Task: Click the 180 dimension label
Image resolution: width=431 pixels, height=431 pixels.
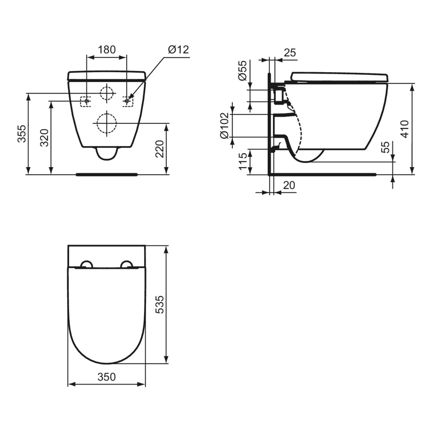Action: [x=106, y=50]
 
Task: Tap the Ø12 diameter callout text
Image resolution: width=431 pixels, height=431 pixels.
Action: [x=178, y=50]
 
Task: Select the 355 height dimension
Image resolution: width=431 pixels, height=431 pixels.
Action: [x=22, y=133]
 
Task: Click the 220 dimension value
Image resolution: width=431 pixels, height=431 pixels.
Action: [x=160, y=149]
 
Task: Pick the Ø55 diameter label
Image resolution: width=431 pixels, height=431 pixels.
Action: [x=242, y=70]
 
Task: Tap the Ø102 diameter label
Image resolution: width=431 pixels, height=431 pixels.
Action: [x=224, y=125]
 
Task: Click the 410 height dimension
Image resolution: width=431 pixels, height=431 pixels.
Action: [x=404, y=129]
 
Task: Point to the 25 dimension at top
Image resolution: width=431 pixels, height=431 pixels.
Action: [x=290, y=53]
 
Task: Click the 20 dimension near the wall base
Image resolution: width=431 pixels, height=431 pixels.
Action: [x=289, y=185]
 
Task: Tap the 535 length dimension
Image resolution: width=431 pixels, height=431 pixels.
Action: [x=160, y=304]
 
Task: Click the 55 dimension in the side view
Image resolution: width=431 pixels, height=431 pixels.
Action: [x=385, y=147]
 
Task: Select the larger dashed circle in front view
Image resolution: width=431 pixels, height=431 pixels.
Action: [x=106, y=123]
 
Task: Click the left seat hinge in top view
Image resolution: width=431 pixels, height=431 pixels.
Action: [x=86, y=264]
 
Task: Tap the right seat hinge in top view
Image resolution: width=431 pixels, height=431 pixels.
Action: [x=127, y=264]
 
